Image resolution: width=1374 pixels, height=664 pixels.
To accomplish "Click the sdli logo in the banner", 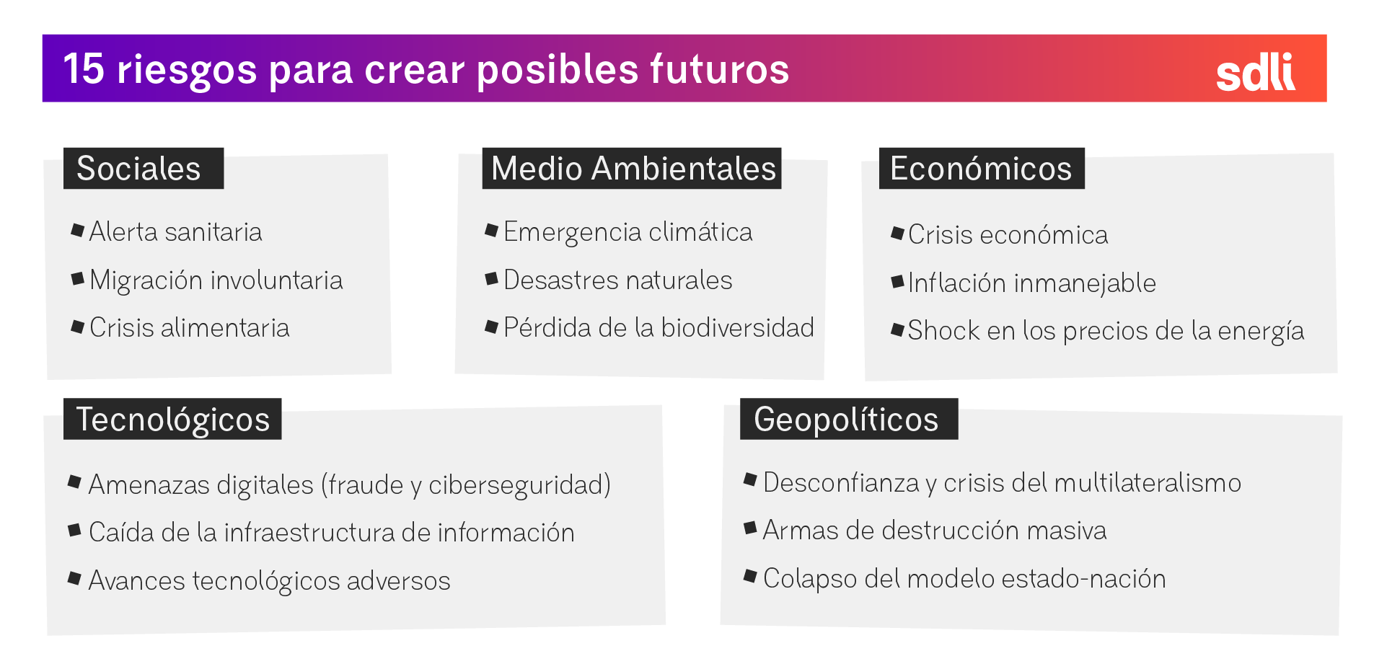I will pos(1255,73).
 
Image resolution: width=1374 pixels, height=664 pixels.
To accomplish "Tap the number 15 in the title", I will pos(84,69).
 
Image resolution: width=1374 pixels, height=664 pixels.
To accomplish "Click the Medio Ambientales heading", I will pos(632,169).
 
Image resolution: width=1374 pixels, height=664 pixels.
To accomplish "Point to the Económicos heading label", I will pos(981,169).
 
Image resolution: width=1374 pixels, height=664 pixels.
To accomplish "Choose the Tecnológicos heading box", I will pos(172,419).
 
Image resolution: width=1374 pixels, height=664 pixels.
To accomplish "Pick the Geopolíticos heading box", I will pos(848,419).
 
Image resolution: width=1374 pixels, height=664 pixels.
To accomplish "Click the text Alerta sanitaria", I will pos(175,232).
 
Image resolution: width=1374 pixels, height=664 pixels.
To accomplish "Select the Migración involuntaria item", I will pos(216,280).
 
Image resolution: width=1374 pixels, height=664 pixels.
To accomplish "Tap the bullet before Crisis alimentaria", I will pos(78,327).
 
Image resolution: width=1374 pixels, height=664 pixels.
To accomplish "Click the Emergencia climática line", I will pos(627,232).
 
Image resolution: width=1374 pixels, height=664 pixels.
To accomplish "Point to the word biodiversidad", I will pos(737,328).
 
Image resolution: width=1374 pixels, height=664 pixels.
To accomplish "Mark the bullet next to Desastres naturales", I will pos(492,278).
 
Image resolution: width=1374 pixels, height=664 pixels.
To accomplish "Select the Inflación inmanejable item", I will pos(1031,283).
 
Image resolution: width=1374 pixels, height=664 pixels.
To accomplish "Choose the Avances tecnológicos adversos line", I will pos(269,581).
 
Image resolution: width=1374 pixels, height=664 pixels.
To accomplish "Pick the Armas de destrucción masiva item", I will pos(934,531).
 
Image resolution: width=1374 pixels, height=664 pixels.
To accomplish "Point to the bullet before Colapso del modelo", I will pos(750,576).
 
